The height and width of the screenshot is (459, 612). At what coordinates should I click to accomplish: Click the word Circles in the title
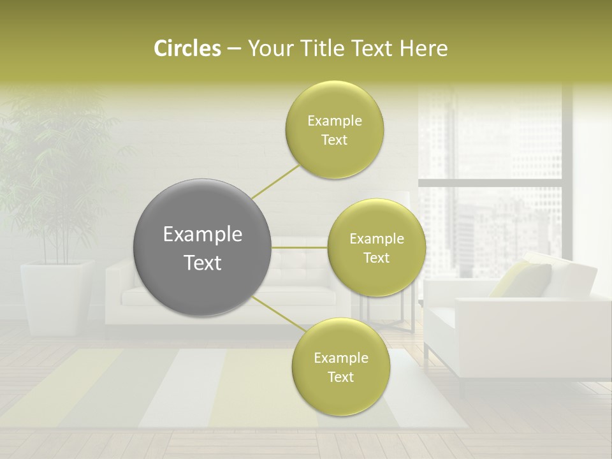[187, 48]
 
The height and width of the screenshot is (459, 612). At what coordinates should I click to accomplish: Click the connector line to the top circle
[275, 181]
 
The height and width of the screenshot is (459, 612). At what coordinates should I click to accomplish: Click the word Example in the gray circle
[203, 235]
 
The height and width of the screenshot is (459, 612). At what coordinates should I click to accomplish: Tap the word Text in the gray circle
[203, 263]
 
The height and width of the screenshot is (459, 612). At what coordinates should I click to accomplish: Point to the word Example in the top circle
[335, 121]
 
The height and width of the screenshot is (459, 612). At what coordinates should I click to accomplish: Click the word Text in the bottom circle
[340, 377]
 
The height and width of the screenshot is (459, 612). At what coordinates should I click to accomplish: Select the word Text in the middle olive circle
[376, 258]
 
